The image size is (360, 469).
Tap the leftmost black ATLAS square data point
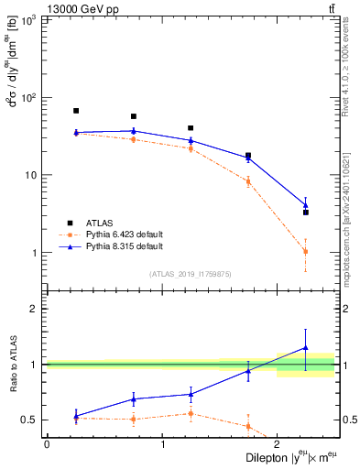[76, 111]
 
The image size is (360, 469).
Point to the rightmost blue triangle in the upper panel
[306, 204]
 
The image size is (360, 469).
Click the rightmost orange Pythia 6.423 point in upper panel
[306, 251]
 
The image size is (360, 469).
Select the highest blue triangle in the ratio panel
[306, 348]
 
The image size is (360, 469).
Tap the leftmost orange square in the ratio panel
[76, 418]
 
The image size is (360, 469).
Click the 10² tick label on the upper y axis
[30, 97]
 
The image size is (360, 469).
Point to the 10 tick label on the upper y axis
[32, 175]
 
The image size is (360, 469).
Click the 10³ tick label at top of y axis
[30, 20]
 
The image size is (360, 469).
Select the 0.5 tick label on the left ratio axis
[32, 420]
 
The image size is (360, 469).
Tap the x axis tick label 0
[47, 444]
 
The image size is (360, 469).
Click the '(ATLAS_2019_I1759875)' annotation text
[191, 274]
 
